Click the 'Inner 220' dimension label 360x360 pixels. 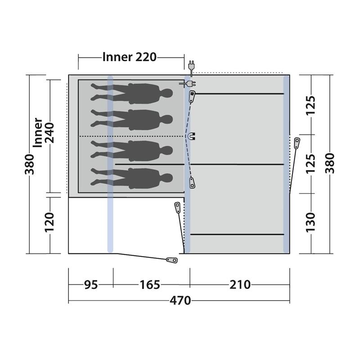tap(129, 57)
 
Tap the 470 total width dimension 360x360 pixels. tap(180, 300)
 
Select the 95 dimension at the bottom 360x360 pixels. tap(91, 285)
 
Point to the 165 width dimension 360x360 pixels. tap(150, 285)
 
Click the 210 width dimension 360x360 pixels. tap(240, 285)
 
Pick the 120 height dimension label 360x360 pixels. tap(49, 222)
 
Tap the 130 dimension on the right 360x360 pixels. tap(310, 222)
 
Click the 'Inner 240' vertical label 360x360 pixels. tap(44, 133)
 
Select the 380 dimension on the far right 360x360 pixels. tap(330, 163)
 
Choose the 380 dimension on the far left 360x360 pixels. tap(30, 164)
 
